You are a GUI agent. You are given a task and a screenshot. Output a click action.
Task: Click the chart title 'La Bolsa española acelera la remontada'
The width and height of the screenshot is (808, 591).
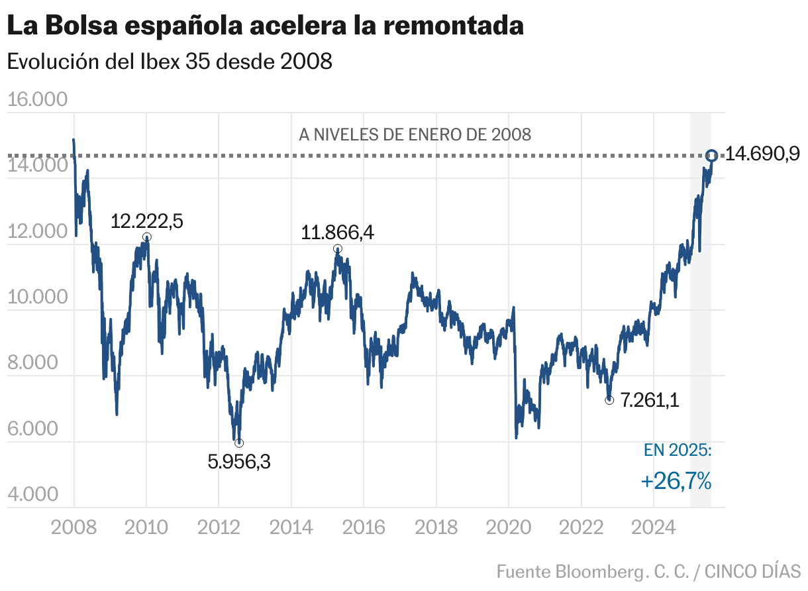(x=265, y=27)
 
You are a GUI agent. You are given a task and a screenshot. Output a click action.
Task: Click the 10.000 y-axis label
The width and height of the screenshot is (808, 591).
(x=38, y=297)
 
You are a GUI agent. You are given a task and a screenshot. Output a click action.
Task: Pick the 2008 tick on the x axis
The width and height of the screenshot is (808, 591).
(x=74, y=527)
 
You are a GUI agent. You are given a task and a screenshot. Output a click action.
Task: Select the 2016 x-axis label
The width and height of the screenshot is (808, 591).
(x=364, y=527)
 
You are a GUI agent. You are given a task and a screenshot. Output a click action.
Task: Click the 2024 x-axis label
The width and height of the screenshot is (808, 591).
(x=653, y=527)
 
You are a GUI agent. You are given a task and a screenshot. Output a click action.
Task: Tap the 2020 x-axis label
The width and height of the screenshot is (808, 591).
(x=508, y=527)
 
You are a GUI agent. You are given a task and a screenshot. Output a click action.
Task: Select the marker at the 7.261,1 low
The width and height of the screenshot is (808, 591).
(x=609, y=400)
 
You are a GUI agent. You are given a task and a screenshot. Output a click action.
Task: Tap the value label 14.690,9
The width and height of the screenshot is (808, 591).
(x=762, y=154)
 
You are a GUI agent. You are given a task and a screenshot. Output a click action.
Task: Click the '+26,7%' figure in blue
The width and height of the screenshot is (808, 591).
(x=676, y=481)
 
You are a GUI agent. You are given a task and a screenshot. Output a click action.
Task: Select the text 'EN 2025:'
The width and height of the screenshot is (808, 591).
(x=678, y=451)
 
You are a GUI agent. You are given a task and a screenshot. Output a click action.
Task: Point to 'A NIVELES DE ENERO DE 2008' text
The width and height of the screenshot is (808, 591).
(x=415, y=135)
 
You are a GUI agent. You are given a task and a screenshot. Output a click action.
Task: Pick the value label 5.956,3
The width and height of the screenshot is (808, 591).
(x=239, y=461)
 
